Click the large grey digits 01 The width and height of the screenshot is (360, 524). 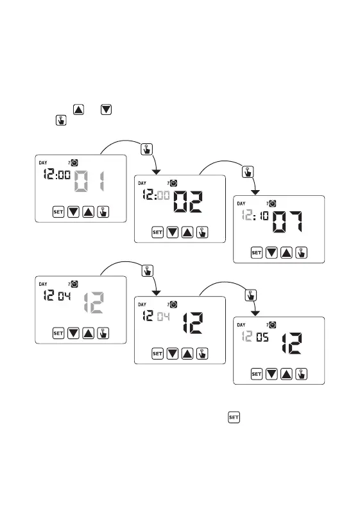pyautogui.click(x=89, y=181)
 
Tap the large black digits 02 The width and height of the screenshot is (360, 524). pyautogui.click(x=188, y=202)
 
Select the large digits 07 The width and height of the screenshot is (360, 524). pyautogui.click(x=287, y=222)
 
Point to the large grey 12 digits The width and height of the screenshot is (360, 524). pyautogui.click(x=94, y=302)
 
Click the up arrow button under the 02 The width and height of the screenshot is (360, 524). pyautogui.click(x=187, y=232)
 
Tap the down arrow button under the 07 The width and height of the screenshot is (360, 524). pyautogui.click(x=271, y=252)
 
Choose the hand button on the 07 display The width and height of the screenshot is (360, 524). pyautogui.click(x=301, y=252)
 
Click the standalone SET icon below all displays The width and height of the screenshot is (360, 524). pyautogui.click(x=234, y=417)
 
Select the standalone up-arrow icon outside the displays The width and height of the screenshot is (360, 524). pyautogui.click(x=78, y=110)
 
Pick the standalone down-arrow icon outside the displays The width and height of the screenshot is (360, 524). pyautogui.click(x=106, y=110)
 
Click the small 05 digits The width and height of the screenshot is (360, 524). pyautogui.click(x=262, y=337)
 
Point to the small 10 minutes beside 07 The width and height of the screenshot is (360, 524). pyautogui.click(x=264, y=216)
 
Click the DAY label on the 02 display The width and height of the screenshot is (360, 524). pyautogui.click(x=142, y=183)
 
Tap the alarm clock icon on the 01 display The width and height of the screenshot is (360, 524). pyautogui.click(x=74, y=162)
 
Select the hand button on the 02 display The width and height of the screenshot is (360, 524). pyautogui.click(x=202, y=232)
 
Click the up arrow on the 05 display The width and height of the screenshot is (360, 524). pyautogui.click(x=286, y=374)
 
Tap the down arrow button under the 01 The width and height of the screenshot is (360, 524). pyautogui.click(x=73, y=212)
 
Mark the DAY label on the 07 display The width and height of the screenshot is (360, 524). pyautogui.click(x=241, y=204)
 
